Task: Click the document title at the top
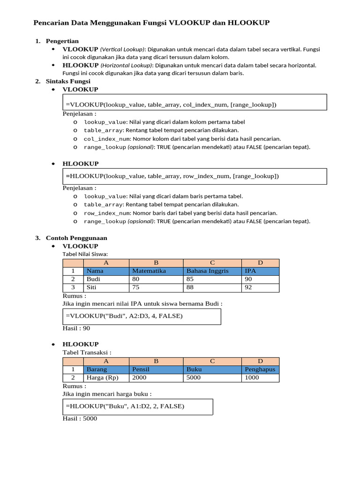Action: [x=151, y=22]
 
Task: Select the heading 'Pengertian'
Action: [x=62, y=41]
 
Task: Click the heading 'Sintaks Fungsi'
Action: [x=68, y=81]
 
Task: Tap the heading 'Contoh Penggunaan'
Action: [x=76, y=238]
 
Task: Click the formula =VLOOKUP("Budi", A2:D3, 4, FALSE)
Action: [x=124, y=316]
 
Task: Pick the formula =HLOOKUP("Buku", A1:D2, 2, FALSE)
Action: [x=125, y=406]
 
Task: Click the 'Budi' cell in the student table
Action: [x=93, y=279]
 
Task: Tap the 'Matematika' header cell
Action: [x=149, y=271]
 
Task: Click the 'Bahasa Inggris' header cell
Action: [x=207, y=271]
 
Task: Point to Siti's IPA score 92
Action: [x=248, y=287]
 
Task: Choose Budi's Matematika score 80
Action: [x=136, y=279]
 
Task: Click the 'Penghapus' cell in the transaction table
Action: [x=260, y=369]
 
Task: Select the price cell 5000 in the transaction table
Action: [x=194, y=377]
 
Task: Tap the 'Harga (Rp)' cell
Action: [x=102, y=377]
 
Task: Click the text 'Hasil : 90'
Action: [x=76, y=328]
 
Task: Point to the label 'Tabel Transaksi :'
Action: [x=87, y=352]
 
